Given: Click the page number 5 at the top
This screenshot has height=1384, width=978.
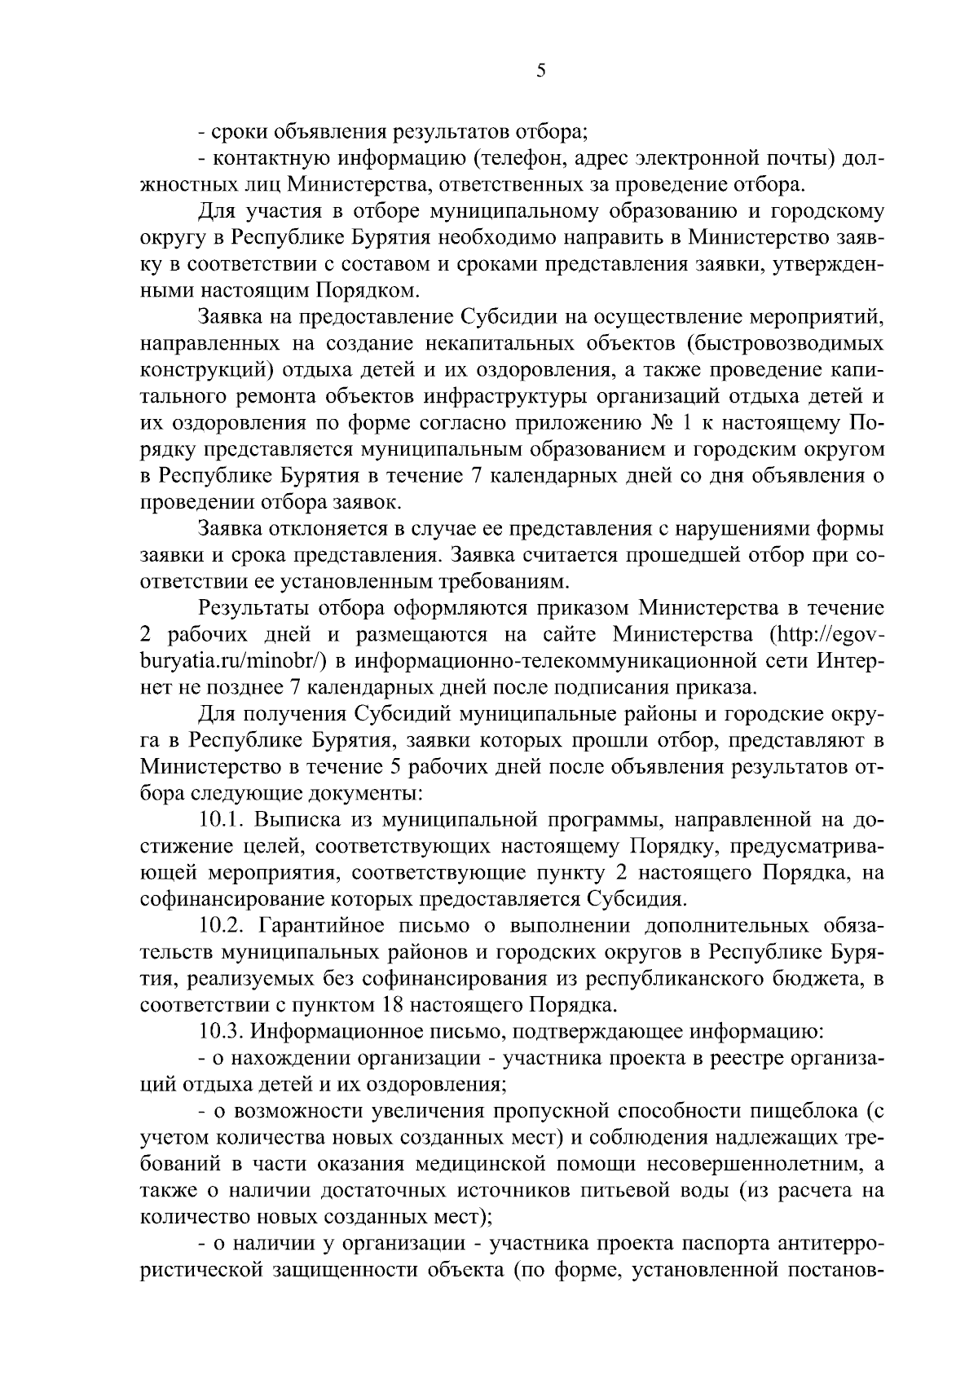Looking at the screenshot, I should [541, 71].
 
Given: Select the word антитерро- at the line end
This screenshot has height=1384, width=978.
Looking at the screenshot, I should [832, 1245].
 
